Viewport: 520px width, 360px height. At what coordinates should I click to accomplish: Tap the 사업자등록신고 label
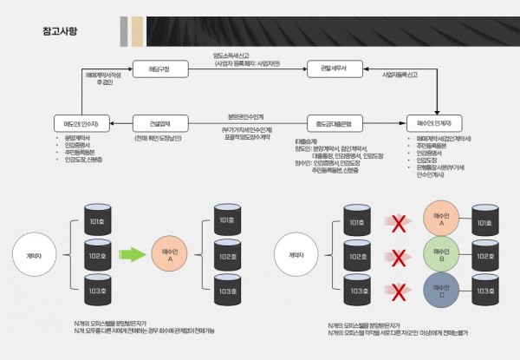404,75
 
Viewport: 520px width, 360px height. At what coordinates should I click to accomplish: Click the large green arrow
132,255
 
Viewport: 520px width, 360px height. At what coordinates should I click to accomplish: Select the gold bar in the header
137,30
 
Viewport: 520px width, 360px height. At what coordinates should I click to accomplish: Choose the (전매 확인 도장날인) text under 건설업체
157,137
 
